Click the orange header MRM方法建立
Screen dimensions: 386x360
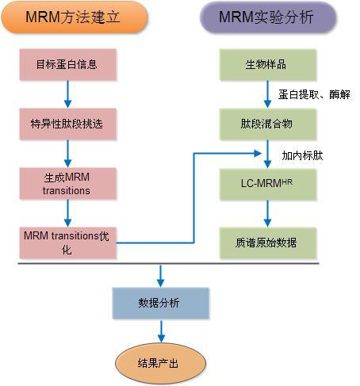[70, 17]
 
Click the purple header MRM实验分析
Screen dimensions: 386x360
[266, 17]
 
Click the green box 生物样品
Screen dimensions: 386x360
[267, 64]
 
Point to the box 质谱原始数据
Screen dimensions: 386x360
[267, 242]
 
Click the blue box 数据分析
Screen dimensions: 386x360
[162, 303]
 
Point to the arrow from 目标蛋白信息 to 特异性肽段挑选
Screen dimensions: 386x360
[68, 94]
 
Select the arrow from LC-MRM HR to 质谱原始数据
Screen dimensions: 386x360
[268, 212]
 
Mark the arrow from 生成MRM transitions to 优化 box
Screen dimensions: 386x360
[68, 212]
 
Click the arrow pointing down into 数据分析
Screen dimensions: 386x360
[162, 275]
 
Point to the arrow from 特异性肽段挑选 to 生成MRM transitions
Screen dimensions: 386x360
[68, 153]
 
